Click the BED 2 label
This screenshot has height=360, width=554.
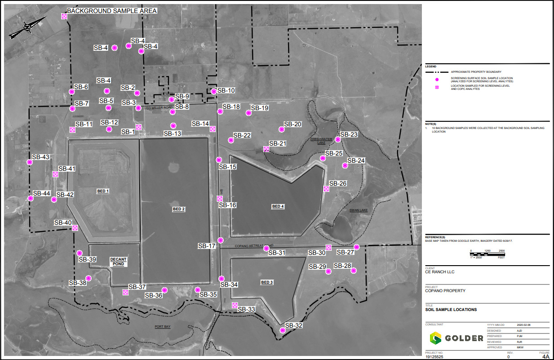(179, 209)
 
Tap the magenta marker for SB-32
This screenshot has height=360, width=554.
(283, 330)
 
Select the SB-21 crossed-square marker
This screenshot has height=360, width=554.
(266, 149)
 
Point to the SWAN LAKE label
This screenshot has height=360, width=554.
(359, 210)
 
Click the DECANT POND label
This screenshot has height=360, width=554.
(119, 262)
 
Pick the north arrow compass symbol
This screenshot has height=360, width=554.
(27, 28)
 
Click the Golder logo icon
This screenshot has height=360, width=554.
(435, 338)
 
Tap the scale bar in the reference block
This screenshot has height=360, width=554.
(487, 254)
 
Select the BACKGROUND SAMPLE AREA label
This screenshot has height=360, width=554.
(112, 11)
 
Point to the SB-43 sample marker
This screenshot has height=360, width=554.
(30, 162)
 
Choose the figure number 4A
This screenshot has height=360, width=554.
(545, 356)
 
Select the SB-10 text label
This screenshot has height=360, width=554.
(226, 91)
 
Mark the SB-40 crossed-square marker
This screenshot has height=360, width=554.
(75, 228)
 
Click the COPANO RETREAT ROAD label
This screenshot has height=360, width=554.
(254, 246)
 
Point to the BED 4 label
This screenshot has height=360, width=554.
(278, 207)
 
